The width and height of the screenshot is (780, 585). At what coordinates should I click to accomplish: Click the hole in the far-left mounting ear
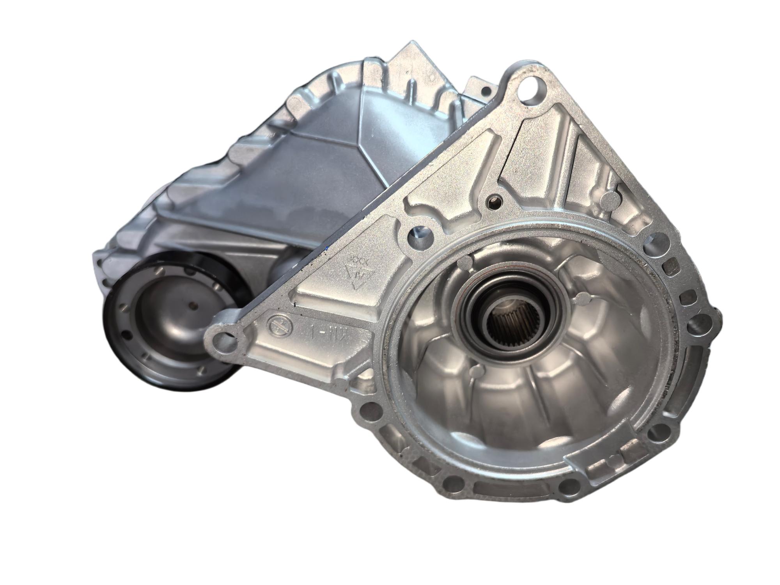coord(224,339)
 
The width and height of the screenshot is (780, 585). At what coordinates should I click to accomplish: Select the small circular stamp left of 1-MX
coord(278,325)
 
